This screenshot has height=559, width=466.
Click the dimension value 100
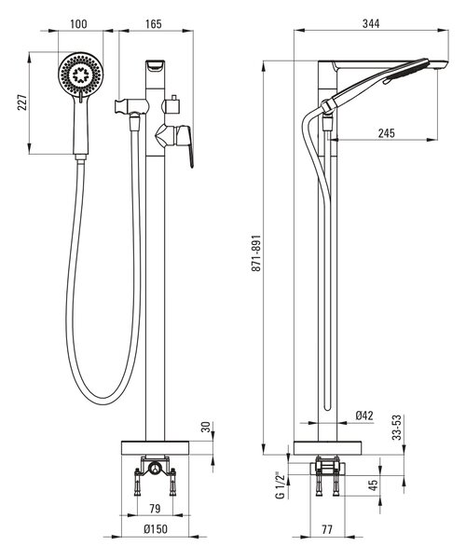point(78,24)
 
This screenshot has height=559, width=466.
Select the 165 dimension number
point(154,24)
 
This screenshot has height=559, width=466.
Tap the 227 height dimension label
point(22,102)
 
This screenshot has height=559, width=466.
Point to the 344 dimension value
point(371,23)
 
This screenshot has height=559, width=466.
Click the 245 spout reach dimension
point(387,133)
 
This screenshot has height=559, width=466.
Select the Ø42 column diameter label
point(364,416)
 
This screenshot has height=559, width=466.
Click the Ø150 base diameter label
point(156,528)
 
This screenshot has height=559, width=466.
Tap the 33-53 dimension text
point(397,427)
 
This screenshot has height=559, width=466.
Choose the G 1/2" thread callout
point(281,485)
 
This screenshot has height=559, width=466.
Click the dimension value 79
point(155,509)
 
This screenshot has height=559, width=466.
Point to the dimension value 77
point(327,529)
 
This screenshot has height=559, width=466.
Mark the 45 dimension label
point(373,485)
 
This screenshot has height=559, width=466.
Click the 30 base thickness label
point(206,427)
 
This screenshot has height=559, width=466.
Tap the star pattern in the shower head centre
point(81,75)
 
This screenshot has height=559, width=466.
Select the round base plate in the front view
point(155,448)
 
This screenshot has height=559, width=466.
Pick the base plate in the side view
point(327,448)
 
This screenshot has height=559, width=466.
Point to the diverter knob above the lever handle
point(172,105)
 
